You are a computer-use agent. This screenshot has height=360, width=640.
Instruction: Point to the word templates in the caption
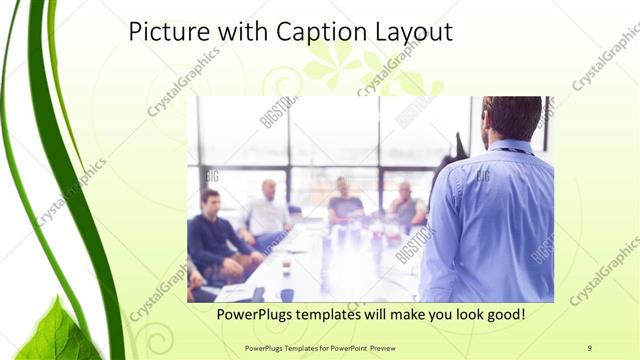click(341, 315)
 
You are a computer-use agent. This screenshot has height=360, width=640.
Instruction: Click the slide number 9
click(590, 347)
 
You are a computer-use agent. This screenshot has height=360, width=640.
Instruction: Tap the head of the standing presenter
click(511, 117)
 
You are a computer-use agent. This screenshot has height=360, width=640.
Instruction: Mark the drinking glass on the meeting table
click(287, 265)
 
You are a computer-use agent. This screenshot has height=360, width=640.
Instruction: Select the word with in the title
click(247, 32)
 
